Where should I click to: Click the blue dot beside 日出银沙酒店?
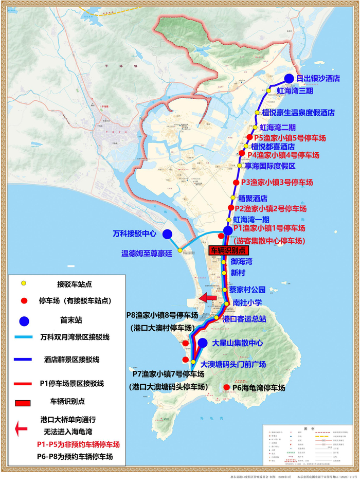290,79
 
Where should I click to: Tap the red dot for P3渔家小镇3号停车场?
236,183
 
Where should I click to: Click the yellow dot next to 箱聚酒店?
233,198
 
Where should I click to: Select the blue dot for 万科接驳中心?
167,234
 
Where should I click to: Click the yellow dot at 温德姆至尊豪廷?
179,250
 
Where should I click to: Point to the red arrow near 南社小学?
208,298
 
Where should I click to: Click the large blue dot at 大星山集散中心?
203,343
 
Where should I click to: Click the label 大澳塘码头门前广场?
233,364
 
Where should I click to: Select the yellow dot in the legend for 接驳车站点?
23,283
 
